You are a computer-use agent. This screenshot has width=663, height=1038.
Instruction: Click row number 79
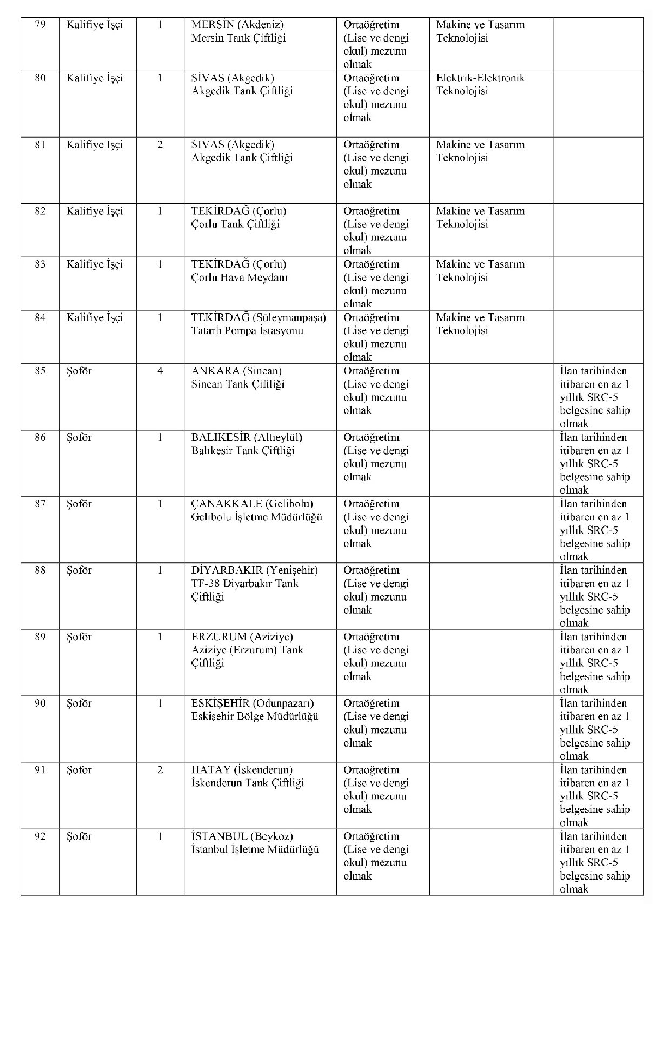(x=40, y=25)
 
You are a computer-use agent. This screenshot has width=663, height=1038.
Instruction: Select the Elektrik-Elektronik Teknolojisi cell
(x=480, y=84)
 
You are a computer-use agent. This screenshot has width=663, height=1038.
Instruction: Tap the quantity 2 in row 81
(x=160, y=145)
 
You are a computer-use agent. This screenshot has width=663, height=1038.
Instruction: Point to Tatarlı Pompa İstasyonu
(x=247, y=331)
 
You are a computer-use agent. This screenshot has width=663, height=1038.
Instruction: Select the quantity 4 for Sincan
(x=160, y=371)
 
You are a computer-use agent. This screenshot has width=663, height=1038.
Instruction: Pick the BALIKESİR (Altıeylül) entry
(x=247, y=437)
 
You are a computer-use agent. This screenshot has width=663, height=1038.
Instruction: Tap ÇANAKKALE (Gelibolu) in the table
(x=252, y=504)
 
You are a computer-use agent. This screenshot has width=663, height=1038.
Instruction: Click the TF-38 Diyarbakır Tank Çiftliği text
(x=244, y=590)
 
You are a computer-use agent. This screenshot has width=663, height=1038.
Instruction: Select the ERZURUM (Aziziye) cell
(x=242, y=637)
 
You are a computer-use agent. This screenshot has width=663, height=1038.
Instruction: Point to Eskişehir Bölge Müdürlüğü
(x=255, y=716)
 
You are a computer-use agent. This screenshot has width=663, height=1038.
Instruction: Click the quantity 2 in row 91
(x=160, y=770)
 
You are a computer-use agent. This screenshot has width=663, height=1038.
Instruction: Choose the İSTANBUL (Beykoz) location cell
(x=242, y=836)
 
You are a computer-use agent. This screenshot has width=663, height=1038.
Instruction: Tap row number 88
(x=40, y=570)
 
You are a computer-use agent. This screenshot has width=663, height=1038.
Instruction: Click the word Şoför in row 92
(x=79, y=836)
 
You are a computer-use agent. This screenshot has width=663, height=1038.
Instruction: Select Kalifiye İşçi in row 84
(x=95, y=318)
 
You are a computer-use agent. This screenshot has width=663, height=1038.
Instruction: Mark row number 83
(x=40, y=264)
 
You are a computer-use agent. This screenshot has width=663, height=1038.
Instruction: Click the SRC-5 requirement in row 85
(x=595, y=397)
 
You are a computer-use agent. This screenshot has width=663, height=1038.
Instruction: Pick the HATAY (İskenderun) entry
(x=242, y=770)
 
